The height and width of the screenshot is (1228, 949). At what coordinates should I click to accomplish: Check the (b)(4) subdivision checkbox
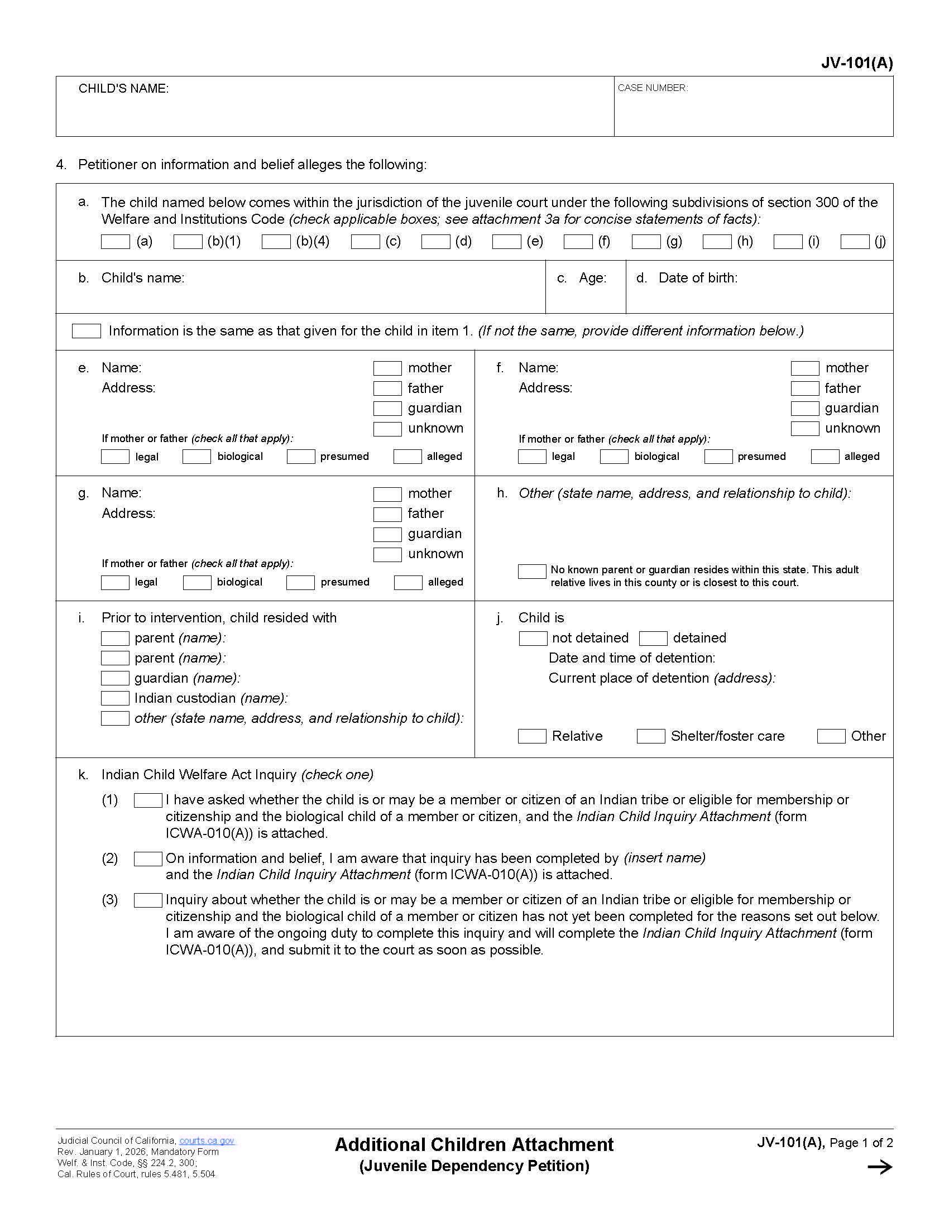point(275,242)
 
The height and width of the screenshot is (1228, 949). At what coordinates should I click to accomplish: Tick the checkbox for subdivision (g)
point(645,242)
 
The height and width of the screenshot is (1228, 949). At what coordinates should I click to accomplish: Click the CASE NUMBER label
point(652,88)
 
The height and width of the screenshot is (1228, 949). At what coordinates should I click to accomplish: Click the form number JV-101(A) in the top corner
point(856,63)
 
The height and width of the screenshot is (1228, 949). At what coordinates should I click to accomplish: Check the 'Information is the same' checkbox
point(86,330)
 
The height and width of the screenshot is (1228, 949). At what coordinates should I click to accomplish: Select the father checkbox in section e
point(387,388)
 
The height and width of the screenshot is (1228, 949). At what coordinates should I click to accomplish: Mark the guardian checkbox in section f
point(804,408)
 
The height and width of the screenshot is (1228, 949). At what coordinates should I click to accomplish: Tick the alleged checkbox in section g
point(408,582)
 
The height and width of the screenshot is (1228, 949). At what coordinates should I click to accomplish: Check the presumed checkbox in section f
point(718,457)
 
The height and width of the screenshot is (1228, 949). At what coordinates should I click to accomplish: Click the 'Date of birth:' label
point(697,278)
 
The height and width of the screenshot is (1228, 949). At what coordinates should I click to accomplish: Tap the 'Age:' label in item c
point(592,278)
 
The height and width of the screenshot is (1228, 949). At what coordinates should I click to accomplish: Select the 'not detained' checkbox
point(533,638)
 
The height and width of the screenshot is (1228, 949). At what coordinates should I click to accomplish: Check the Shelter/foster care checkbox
point(650,736)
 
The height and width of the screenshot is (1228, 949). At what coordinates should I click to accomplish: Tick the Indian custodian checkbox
point(114,698)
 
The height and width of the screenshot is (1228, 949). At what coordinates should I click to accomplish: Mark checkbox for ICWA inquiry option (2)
point(148,858)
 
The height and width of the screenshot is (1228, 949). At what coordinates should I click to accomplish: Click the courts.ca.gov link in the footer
point(207,1140)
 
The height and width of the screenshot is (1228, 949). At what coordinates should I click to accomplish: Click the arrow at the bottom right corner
point(879,1167)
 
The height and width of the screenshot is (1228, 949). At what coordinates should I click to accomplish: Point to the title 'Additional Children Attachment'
point(474,1144)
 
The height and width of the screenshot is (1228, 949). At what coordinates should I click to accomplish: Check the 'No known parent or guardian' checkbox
point(531,571)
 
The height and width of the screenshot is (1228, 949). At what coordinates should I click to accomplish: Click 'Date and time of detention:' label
point(631,658)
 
